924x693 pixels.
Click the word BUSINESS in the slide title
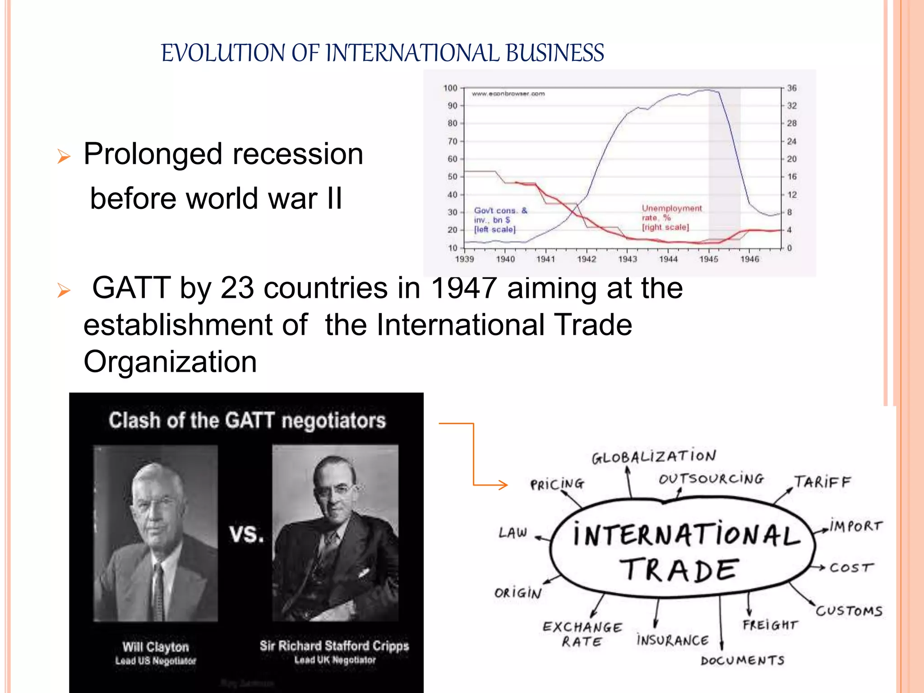(554, 53)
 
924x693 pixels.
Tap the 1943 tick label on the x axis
(627, 259)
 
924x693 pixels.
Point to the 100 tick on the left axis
(450, 88)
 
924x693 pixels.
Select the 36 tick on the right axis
(792, 88)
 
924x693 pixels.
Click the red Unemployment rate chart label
(671, 217)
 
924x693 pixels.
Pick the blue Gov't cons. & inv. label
(500, 220)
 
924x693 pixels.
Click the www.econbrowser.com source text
(508, 94)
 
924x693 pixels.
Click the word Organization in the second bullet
(170, 362)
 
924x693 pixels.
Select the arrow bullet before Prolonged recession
(64, 157)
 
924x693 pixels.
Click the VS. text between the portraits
(246, 535)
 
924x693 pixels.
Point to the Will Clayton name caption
(156, 647)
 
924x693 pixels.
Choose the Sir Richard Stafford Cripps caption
(334, 646)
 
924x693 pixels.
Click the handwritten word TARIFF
(822, 482)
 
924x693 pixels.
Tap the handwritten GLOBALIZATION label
(654, 457)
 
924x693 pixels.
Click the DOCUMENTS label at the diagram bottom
(743, 661)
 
